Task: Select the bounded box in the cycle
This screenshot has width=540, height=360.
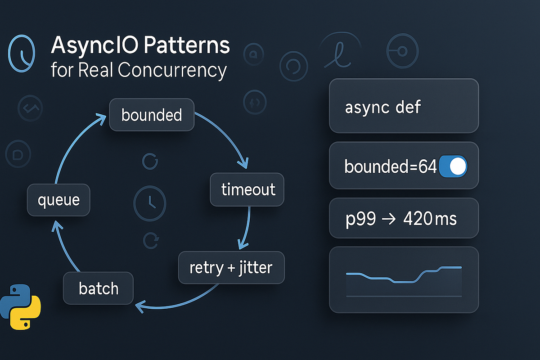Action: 152,115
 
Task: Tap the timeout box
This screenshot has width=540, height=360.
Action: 248,189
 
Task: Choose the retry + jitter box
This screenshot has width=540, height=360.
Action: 231,268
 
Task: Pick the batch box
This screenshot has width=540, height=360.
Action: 99,288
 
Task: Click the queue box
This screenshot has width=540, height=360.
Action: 59,199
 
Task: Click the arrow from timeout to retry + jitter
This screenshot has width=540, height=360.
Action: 246,227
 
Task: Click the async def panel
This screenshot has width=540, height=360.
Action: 404,106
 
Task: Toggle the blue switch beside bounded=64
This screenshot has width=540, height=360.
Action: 453,167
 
